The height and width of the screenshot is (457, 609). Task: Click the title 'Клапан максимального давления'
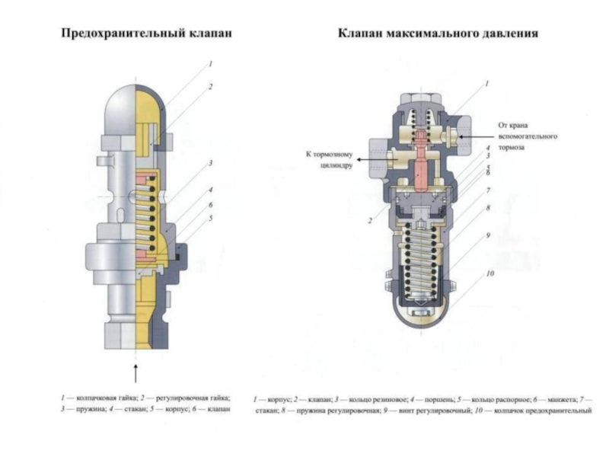[x=438, y=34]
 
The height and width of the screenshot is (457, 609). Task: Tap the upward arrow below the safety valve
[x=136, y=373]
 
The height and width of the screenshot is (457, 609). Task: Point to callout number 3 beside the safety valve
[x=210, y=162]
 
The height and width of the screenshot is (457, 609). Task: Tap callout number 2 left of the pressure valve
[x=370, y=221]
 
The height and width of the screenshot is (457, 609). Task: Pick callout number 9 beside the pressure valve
[x=489, y=236]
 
